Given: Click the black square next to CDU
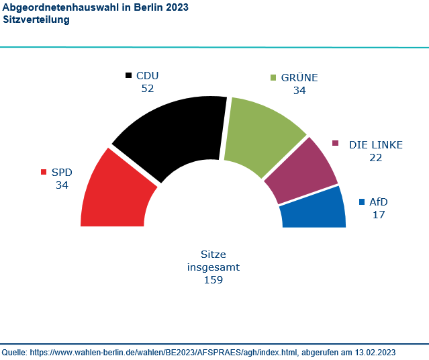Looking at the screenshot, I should [x=129, y=76].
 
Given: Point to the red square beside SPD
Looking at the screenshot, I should [x=44, y=172].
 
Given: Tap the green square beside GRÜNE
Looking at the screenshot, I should [x=273, y=78].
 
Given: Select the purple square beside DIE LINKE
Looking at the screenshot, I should [x=336, y=144].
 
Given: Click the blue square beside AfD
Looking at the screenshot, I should [x=363, y=202].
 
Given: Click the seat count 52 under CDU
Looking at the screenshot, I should [x=148, y=89].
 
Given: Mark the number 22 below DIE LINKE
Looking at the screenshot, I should [x=376, y=157].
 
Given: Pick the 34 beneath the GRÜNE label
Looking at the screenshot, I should [x=299, y=90].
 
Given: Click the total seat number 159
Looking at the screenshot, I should [x=213, y=279].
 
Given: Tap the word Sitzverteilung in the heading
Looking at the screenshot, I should [x=36, y=20].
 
